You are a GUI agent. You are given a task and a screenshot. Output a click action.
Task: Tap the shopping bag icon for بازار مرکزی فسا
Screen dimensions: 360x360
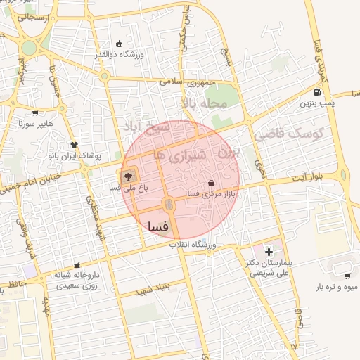(212, 184)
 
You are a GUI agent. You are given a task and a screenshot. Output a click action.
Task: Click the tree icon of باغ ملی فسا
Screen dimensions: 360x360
(128, 176)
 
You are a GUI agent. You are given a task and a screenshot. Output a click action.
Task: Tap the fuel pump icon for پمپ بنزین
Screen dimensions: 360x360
(319, 92)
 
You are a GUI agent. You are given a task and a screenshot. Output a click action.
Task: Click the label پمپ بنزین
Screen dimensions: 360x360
(318, 104)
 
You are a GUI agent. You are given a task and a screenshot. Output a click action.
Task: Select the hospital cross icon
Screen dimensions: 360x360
(269, 251)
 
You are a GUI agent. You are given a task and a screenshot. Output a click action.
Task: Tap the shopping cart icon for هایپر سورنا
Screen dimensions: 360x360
(36, 112)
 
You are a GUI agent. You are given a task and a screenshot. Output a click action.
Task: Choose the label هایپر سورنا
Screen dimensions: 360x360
(36, 124)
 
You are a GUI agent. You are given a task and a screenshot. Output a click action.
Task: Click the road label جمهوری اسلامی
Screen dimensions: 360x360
(189, 82)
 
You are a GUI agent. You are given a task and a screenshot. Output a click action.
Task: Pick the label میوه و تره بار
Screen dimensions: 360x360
(337, 287)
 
